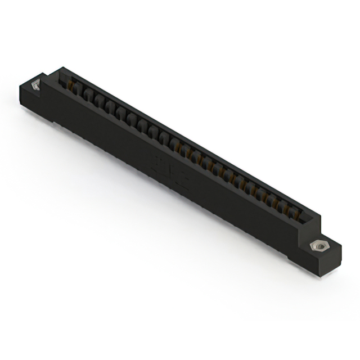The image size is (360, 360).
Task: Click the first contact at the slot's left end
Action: tap(71, 85)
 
